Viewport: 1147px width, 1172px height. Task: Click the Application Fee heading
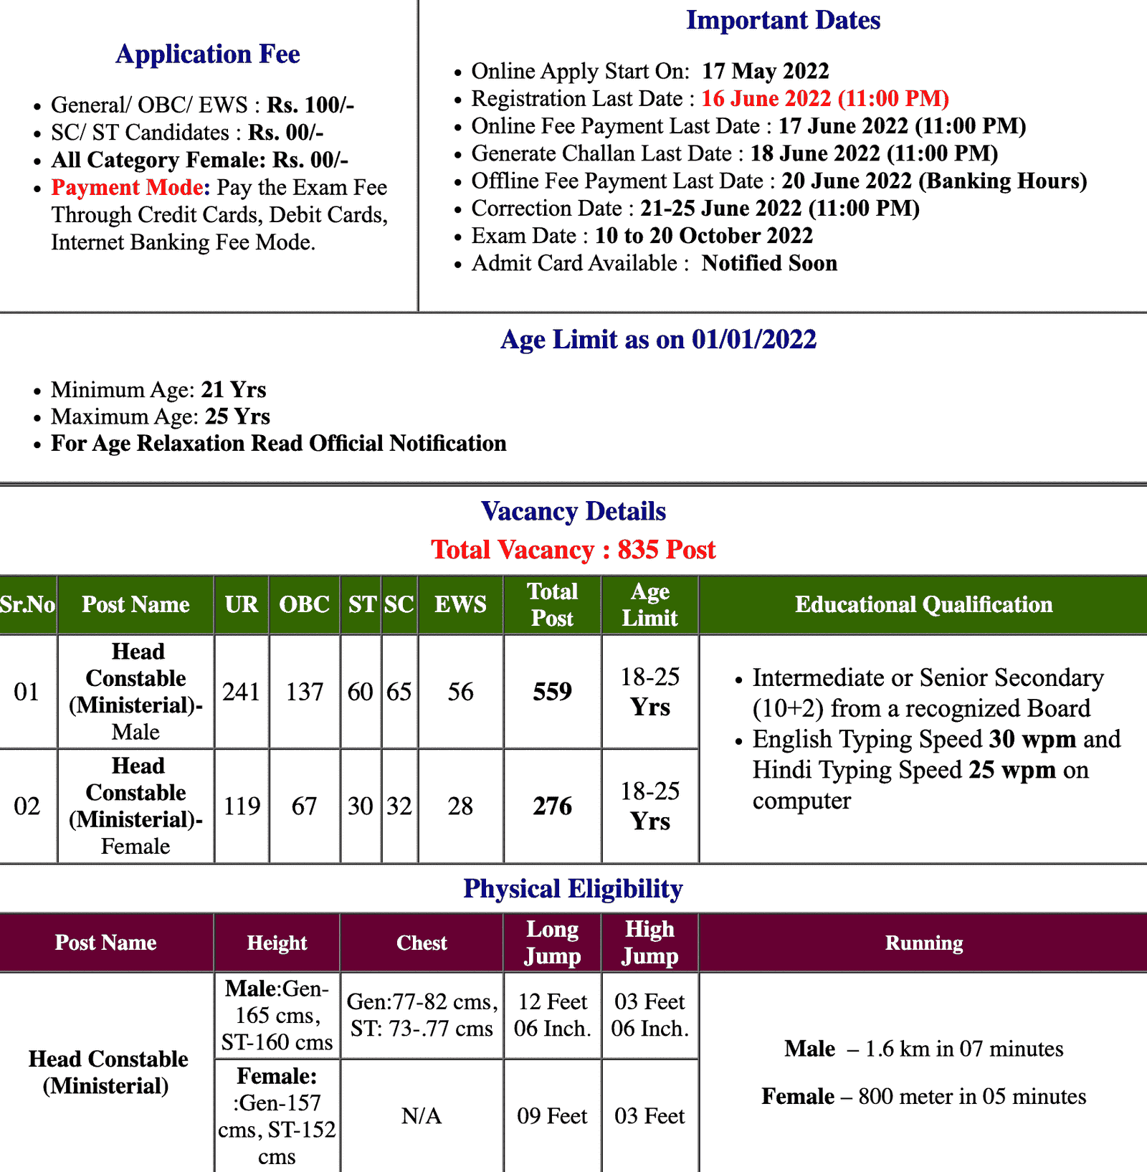208,54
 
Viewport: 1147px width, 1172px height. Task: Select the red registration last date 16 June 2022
824,99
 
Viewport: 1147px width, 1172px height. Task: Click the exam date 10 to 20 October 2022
703,236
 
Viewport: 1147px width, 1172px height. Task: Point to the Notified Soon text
769,263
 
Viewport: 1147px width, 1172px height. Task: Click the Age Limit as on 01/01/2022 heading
658,339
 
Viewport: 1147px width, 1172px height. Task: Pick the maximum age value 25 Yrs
237,416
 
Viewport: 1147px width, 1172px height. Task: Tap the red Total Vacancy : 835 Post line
573,550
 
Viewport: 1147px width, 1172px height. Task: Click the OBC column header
305,605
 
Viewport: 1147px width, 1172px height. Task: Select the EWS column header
460,605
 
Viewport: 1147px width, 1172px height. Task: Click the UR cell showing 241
241,692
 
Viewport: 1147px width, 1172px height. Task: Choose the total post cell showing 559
552,692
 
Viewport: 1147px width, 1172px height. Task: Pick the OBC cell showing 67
304,806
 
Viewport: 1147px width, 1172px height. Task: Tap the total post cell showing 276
552,806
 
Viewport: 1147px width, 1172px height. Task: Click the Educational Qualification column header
923,605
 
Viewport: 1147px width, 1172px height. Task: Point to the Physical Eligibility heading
573,889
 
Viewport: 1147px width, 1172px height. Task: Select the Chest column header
422,943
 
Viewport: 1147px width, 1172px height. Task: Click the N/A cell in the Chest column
422,1116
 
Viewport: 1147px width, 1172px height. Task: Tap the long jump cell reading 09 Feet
552,1116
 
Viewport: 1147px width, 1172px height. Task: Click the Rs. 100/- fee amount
310,105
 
